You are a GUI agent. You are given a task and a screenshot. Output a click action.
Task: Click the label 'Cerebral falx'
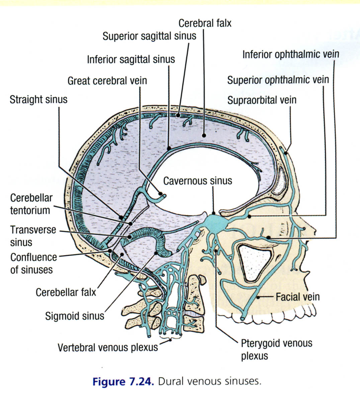point(205,23)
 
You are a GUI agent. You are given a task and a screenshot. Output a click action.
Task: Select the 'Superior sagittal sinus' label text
point(149,36)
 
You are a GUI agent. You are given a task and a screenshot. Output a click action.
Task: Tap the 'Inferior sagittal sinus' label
point(131,60)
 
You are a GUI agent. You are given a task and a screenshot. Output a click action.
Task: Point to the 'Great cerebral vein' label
point(107,81)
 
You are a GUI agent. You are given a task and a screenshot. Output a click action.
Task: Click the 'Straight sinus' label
point(38,99)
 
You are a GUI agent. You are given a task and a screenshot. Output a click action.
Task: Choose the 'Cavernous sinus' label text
point(197,181)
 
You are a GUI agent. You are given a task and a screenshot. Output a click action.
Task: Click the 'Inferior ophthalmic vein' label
point(291,54)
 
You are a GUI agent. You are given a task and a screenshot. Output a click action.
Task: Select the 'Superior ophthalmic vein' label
point(278,80)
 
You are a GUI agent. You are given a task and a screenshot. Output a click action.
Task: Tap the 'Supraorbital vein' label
point(262,100)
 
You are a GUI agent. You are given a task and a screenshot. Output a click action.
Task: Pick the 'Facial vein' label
point(297,297)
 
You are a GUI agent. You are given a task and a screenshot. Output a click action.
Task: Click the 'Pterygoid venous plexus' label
point(276,349)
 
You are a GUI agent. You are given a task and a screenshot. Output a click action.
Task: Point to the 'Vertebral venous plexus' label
point(108,347)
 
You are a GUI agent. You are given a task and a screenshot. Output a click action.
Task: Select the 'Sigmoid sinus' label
point(75,316)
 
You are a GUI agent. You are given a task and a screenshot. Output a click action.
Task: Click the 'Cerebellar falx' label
point(66,292)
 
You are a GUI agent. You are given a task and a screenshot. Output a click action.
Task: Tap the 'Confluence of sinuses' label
point(33,263)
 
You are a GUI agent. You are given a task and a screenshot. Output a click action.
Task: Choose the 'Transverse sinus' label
point(33,236)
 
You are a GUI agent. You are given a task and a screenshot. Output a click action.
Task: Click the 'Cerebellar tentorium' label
point(31,204)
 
